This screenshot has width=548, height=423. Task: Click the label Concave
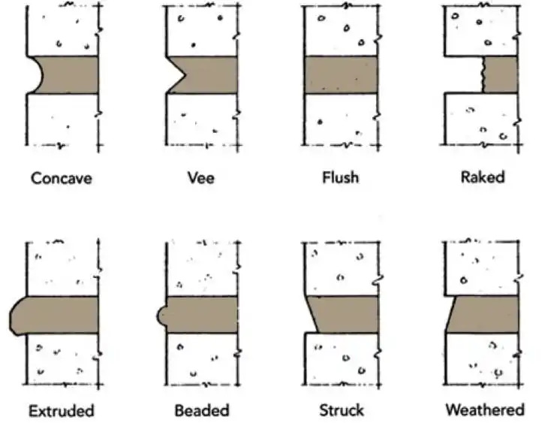tap(62, 178)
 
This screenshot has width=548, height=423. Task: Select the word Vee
tap(200, 178)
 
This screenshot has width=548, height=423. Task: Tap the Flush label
tap(339, 178)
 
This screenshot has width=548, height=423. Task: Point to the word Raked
tap(483, 178)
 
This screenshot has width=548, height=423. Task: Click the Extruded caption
tap(62, 410)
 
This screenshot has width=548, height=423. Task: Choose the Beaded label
tap(200, 410)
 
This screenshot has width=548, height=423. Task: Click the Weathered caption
tap(484, 410)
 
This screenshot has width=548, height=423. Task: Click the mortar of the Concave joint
tap(71, 75)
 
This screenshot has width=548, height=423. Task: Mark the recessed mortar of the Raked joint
tap(500, 75)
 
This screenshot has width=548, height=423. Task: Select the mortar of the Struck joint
tap(345, 314)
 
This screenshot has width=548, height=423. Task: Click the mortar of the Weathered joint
tap(484, 314)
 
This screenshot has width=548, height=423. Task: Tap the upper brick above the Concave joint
tap(62, 30)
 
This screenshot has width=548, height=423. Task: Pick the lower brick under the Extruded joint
tap(62, 357)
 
